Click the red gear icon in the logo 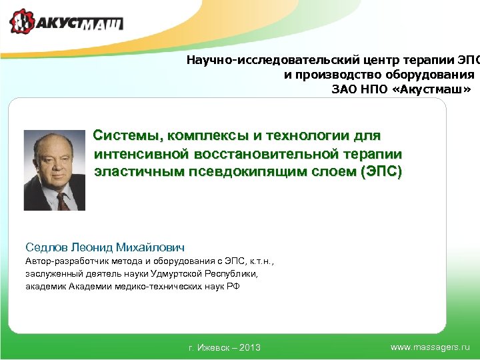click(22, 22)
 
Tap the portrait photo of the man click(55, 170)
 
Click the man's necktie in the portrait click(62, 199)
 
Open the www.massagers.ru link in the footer click(430, 347)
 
